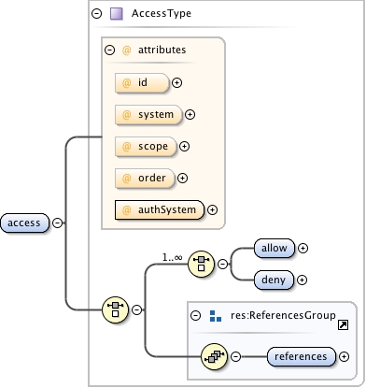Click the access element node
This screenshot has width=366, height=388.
coord(25,223)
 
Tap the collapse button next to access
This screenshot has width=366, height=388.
coord(58,223)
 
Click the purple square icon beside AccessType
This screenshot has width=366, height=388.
coord(117,14)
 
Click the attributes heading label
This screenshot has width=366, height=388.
coord(162,49)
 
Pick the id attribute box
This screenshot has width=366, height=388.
coord(141,83)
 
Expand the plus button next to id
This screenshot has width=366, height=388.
coord(176,83)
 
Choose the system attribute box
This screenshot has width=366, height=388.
coord(148,115)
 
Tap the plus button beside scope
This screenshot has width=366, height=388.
coord(184,146)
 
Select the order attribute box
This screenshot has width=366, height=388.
coord(144,178)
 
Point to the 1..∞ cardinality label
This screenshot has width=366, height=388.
coord(172,255)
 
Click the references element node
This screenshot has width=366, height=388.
coord(301,356)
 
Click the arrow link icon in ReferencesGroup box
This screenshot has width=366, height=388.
coord(343,324)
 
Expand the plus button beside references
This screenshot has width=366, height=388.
coord(345,356)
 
